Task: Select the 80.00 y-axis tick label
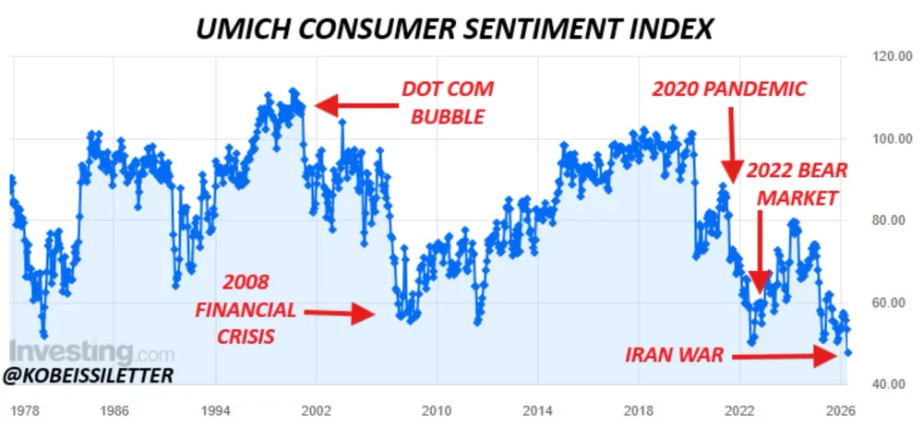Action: tap(888, 220)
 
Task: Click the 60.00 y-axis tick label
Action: tap(888, 302)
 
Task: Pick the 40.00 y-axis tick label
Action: tap(888, 384)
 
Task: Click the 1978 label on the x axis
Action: tap(25, 408)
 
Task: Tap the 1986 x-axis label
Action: tap(116, 408)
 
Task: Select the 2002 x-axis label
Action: tap(316, 408)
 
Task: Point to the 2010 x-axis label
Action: tap(436, 408)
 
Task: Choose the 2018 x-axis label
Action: tap(638, 408)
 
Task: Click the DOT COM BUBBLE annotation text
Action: tap(448, 102)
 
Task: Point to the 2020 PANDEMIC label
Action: tap(729, 89)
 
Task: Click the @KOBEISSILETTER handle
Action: tap(88, 376)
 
